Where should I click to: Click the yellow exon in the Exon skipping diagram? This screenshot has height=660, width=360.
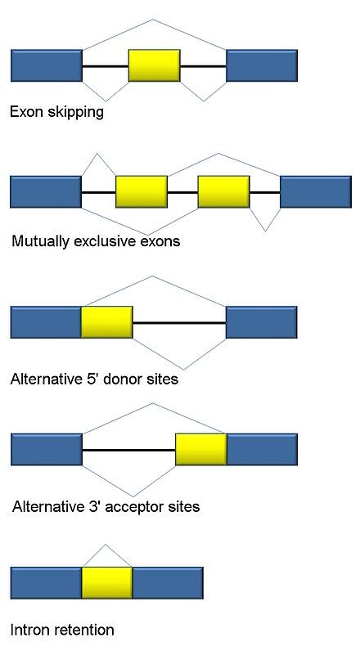(x=154, y=65)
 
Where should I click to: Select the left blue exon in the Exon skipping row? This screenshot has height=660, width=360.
(x=46, y=65)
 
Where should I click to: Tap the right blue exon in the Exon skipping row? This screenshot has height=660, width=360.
(x=261, y=65)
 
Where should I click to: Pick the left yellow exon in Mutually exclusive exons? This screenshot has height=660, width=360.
(x=142, y=191)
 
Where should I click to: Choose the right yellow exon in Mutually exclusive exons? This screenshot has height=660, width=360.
(x=223, y=191)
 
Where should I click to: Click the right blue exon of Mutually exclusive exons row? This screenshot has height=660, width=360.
(x=315, y=191)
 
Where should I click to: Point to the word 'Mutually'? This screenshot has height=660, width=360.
(x=40, y=242)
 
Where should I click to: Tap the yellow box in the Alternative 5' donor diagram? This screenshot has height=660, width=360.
(x=106, y=322)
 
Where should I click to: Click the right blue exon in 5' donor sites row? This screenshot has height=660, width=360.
(x=261, y=322)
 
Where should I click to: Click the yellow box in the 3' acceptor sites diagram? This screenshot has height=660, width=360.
(x=200, y=450)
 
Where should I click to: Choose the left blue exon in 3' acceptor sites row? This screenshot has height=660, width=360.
(x=46, y=450)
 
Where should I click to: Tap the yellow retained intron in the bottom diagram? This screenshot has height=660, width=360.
(x=106, y=582)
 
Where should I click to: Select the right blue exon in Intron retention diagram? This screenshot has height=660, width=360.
(x=167, y=582)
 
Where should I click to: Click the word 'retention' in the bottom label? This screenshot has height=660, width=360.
(x=83, y=631)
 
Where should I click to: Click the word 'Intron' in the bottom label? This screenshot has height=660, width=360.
(x=29, y=631)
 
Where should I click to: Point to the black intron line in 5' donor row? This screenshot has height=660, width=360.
(x=178, y=323)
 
